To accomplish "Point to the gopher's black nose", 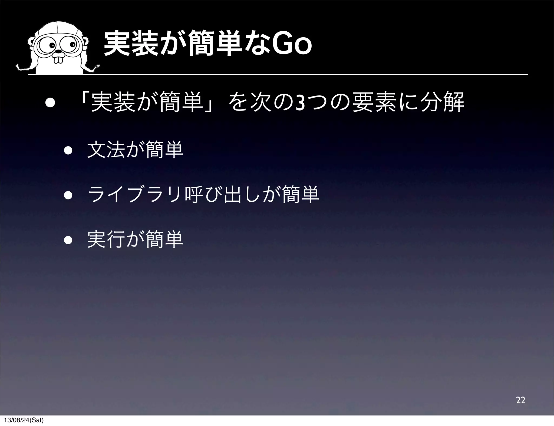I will pos(58,51).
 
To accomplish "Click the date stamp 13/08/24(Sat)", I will pos(23,420).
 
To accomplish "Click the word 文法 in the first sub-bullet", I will pos(107,151).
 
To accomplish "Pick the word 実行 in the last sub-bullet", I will pos(107,240).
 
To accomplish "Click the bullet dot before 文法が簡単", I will pos(68,151).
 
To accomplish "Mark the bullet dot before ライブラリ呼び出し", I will pos(68,196).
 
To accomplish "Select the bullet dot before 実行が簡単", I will pos(68,240).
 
